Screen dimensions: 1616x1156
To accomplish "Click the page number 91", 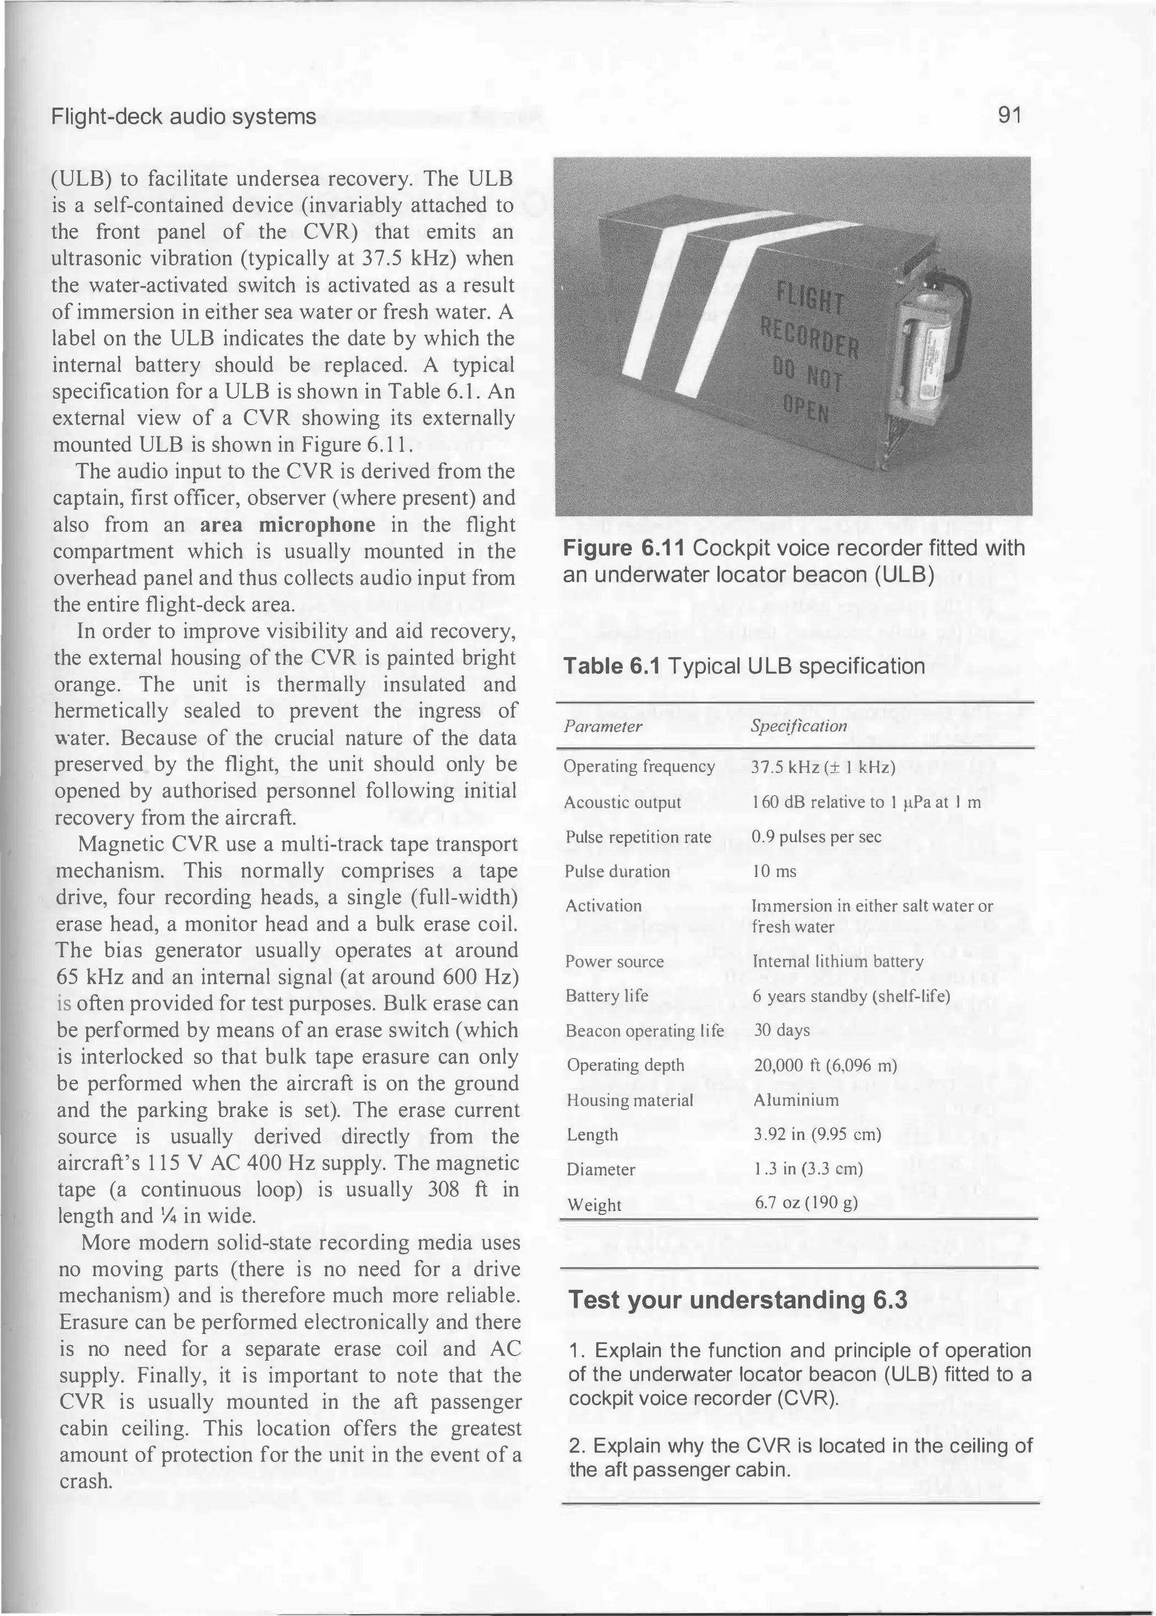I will [1009, 115].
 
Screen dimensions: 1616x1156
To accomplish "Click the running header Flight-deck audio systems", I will [183, 117].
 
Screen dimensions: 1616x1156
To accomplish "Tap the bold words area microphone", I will [287, 525].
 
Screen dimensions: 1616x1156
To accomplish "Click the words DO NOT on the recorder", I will [809, 375].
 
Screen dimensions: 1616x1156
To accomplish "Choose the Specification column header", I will [799, 726].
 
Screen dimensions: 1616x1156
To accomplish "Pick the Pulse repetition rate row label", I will [638, 837].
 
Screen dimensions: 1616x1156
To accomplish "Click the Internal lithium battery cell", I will [838, 962].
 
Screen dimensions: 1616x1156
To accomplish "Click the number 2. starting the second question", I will [578, 1446].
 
